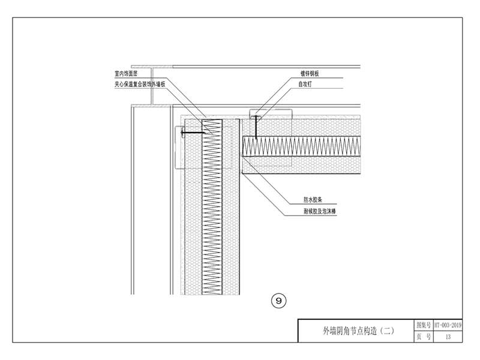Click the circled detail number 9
(x=278, y=301)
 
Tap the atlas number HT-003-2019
(x=448, y=325)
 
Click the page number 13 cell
(x=448, y=337)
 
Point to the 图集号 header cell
(x=424, y=325)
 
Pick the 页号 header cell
(x=424, y=337)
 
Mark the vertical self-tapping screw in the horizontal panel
(x=255, y=127)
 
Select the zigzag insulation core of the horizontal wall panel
(x=300, y=146)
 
